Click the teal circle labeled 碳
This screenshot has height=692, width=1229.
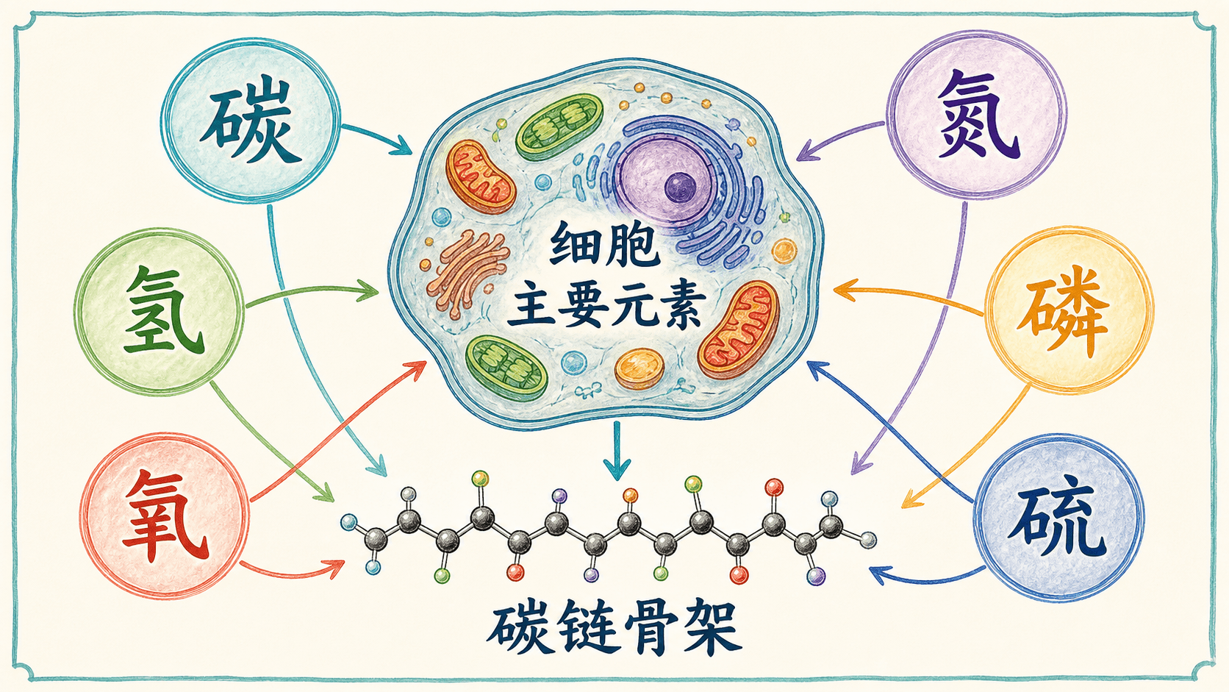(x=251, y=119)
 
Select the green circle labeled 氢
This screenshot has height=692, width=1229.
(x=159, y=311)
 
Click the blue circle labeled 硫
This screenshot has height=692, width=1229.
(x=1059, y=517)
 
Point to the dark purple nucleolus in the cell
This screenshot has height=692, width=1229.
(x=680, y=188)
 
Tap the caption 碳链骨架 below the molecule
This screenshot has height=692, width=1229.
(x=614, y=632)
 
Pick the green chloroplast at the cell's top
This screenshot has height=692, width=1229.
(x=559, y=126)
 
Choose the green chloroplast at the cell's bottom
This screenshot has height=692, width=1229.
(x=506, y=366)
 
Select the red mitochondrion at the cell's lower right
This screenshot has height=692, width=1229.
(x=739, y=329)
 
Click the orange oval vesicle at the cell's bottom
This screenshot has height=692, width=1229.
(x=639, y=368)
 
